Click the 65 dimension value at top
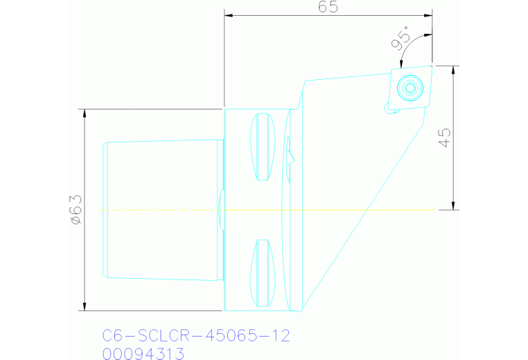click(x=328, y=7)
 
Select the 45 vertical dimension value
click(x=444, y=138)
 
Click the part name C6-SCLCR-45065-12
click(x=196, y=336)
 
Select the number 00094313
click(x=143, y=354)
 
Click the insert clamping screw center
click(x=410, y=87)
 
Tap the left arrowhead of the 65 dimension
click(x=228, y=15)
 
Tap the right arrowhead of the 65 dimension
click(x=429, y=15)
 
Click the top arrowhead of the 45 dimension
click(x=454, y=69)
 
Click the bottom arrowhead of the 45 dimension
click(x=454, y=206)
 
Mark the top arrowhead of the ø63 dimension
click(x=85, y=112)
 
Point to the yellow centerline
click(x=344, y=209)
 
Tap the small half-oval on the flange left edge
click(x=220, y=210)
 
